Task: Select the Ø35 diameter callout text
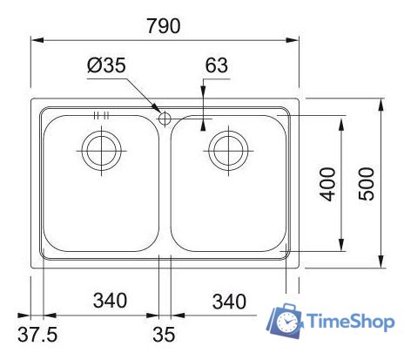107,65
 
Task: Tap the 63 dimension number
217,65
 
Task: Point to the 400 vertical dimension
327,184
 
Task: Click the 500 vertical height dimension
367,183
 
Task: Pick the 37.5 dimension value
38,333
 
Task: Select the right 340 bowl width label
228,302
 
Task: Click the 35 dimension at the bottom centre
164,333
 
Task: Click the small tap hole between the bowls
164,119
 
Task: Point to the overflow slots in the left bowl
99,116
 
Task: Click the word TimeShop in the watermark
349,322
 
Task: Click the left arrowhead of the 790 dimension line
36,40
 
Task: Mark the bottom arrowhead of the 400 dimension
340,246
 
